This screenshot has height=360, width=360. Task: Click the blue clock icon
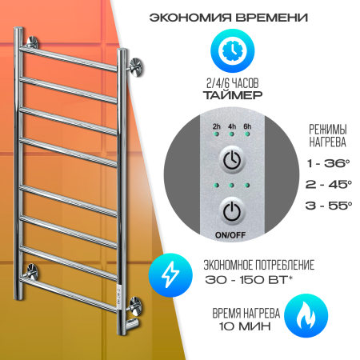click(233, 51)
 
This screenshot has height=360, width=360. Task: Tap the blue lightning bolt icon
click(170, 275)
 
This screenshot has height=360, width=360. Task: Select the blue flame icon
click(306, 316)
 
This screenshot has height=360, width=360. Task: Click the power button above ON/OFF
click(232, 211)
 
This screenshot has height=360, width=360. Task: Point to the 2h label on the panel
click(217, 126)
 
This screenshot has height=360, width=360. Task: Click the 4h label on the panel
click(232, 126)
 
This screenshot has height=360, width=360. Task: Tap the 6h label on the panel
click(247, 126)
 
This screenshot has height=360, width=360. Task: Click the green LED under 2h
click(216, 134)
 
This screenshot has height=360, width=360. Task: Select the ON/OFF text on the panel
click(230, 235)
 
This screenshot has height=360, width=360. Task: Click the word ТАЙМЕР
click(233, 95)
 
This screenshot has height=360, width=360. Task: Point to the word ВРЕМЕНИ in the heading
click(272, 18)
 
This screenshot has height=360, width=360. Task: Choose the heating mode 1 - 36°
click(328, 163)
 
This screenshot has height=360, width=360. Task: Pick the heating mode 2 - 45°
click(329, 184)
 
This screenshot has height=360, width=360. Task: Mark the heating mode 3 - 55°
click(329, 205)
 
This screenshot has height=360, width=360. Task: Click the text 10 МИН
click(245, 326)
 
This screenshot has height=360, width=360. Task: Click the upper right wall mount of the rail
click(136, 68)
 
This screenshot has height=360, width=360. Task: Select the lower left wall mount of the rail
click(31, 271)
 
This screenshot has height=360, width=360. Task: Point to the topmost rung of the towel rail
click(69, 58)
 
